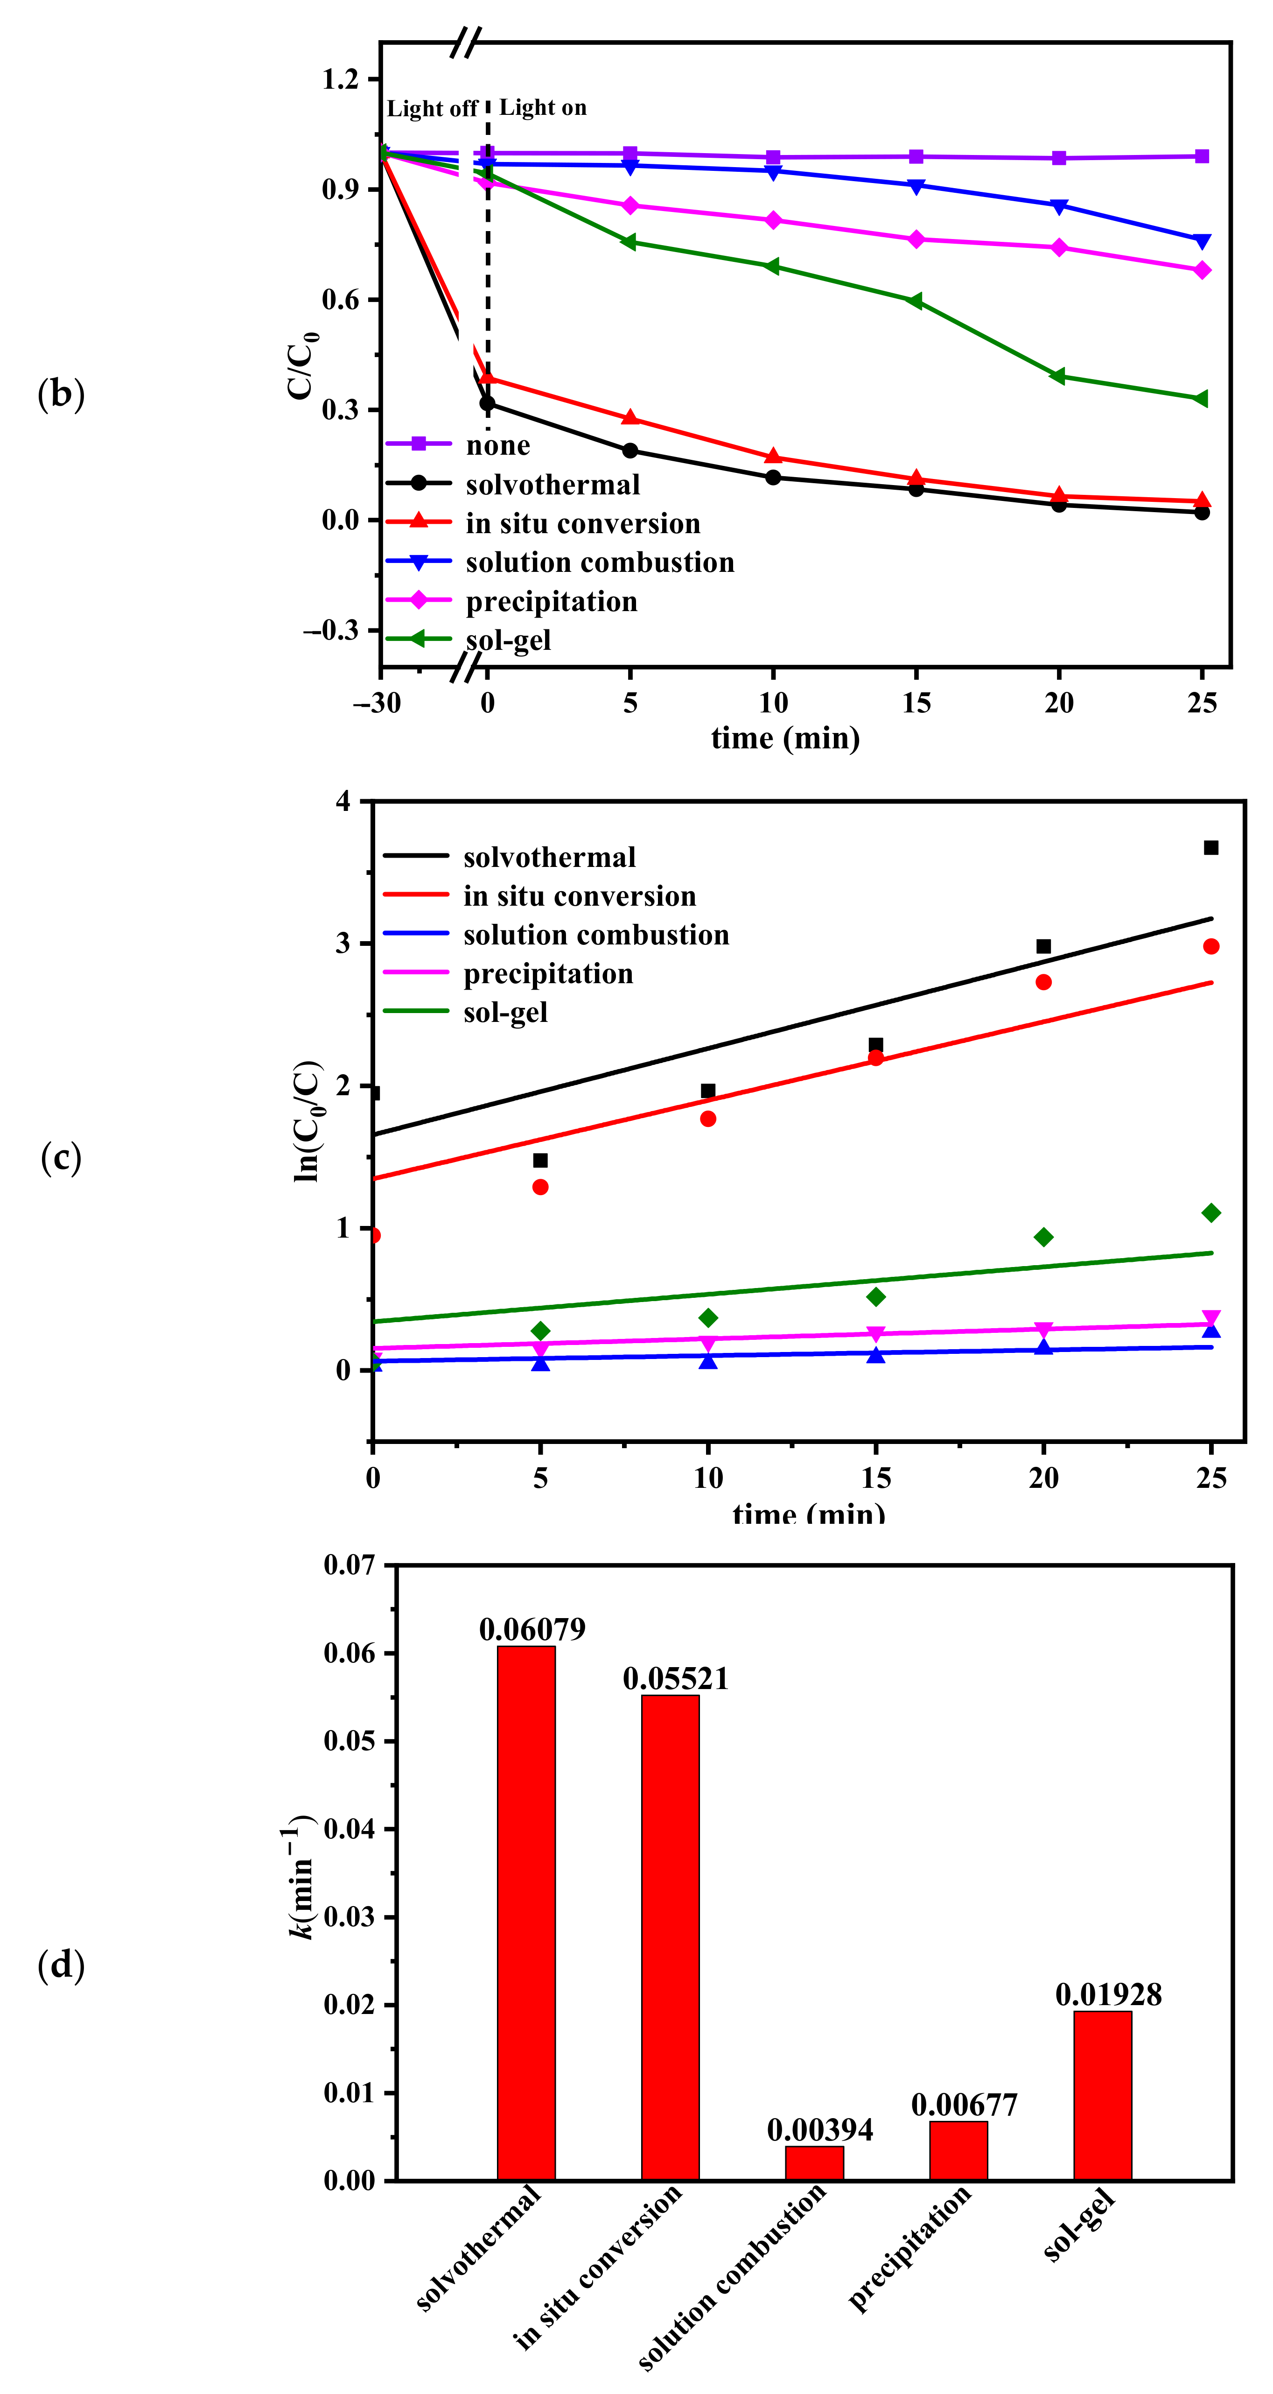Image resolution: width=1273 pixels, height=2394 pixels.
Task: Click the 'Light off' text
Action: click(x=432, y=109)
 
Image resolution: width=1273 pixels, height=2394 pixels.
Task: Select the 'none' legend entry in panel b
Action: click(x=497, y=445)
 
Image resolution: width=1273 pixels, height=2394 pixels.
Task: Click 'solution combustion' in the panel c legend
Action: click(x=595, y=935)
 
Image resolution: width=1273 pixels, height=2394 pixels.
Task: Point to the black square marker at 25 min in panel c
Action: click(x=1211, y=848)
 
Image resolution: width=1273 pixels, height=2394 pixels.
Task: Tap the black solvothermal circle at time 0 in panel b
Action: click(x=487, y=403)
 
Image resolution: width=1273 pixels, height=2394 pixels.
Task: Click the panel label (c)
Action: click(x=61, y=1159)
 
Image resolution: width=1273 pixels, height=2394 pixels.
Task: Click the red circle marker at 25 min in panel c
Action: click(x=1211, y=946)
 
